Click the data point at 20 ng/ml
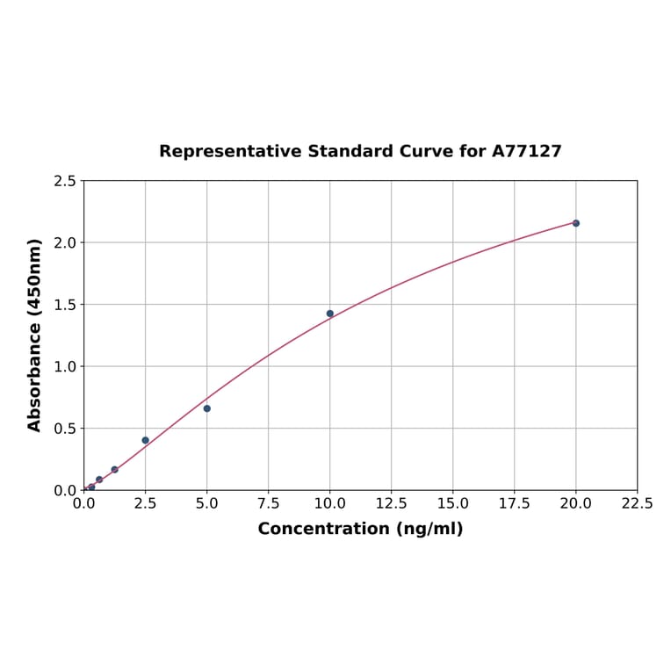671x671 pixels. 576,223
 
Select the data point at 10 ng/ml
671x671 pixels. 330,314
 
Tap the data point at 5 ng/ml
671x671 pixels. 207,408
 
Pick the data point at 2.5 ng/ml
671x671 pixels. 146,440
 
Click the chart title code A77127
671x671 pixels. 526,151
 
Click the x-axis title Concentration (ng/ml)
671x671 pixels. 360,529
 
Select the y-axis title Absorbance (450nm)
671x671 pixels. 35,335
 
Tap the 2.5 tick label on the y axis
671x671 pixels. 64,181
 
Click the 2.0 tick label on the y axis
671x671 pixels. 64,242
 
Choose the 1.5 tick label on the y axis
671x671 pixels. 64,305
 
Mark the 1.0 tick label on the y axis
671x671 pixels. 64,366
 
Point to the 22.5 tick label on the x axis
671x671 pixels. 637,504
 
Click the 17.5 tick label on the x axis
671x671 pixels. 514,504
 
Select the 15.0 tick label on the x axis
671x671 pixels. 452,504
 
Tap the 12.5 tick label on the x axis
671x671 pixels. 391,504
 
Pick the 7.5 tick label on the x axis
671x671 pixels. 268,504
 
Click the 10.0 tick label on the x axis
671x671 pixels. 329,504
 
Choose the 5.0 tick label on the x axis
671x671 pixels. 206,504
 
